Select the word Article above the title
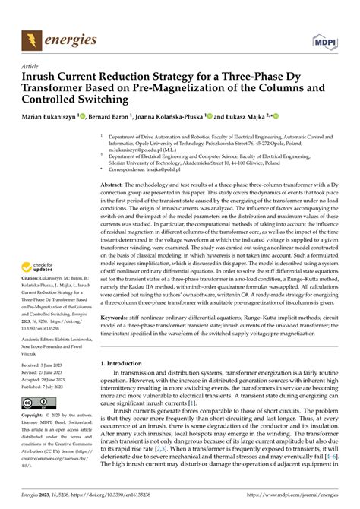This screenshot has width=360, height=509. [x=31, y=65]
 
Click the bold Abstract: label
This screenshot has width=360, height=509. [x=115, y=184]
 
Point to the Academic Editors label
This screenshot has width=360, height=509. [x=42, y=339]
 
